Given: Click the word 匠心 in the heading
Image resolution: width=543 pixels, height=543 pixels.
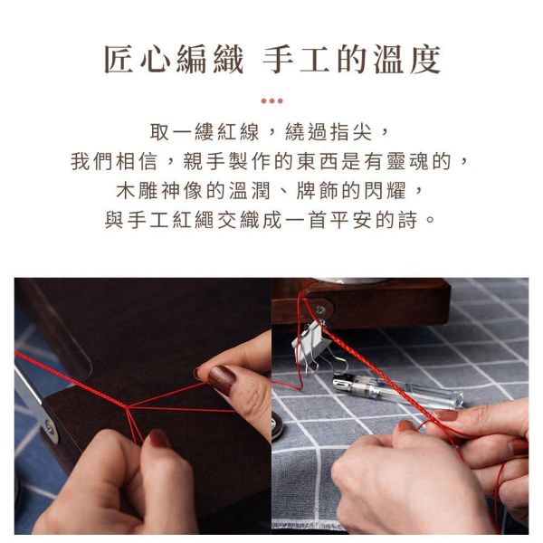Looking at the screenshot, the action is click(138, 59).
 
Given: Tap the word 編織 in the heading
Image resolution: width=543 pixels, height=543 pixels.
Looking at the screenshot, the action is click(211, 59).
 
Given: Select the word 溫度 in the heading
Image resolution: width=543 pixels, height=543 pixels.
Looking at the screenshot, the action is click(406, 59).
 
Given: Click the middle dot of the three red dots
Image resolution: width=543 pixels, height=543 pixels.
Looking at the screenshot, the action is click(271, 101).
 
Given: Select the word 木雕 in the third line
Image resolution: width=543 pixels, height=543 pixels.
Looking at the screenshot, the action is click(137, 191).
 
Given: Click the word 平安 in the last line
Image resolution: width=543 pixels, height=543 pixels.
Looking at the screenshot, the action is click(351, 220).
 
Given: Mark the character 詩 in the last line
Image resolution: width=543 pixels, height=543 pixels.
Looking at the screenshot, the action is click(407, 220).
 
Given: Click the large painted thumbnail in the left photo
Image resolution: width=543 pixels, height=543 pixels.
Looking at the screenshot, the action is click(222, 379).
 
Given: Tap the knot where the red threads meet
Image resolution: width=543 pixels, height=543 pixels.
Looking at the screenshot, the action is click(127, 407).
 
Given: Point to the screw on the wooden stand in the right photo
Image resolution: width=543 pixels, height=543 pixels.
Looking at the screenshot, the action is click(320, 310).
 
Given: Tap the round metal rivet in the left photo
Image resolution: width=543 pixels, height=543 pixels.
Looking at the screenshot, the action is click(50, 427).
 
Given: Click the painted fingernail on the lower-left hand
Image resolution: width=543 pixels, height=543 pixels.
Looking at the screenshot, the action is click(157, 439).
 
